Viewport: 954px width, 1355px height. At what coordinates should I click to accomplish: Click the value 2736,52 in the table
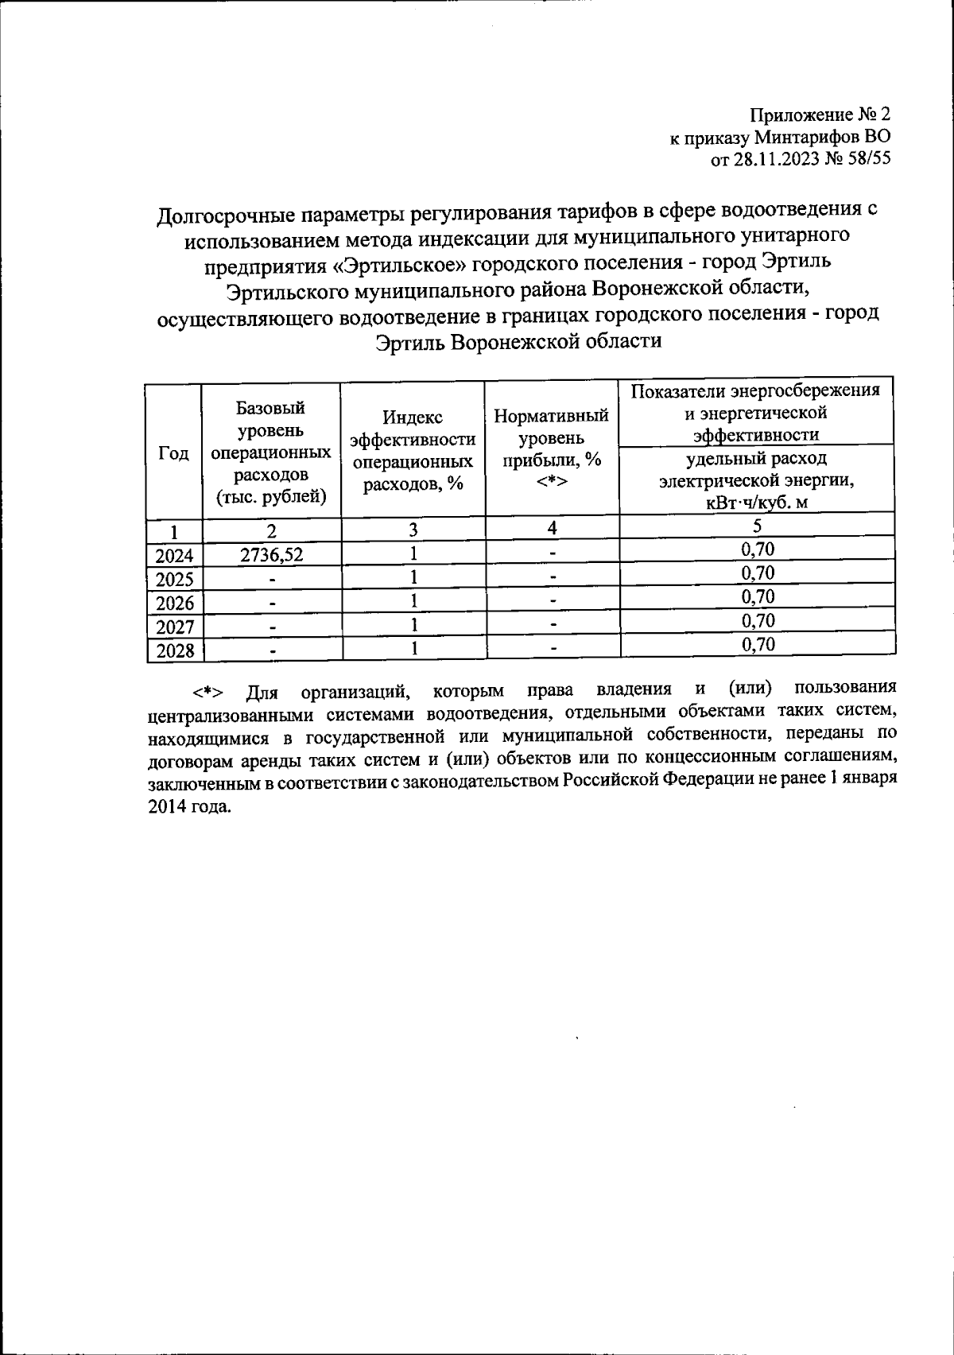click(x=272, y=554)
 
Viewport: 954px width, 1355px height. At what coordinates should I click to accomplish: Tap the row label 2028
click(x=175, y=651)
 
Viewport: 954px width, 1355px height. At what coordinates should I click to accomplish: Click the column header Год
click(x=174, y=452)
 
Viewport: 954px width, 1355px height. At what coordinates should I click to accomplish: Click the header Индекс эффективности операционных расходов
click(x=413, y=451)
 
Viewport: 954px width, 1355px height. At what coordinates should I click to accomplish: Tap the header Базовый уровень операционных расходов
click(x=271, y=452)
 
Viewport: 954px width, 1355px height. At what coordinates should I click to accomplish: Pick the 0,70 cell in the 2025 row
click(x=757, y=573)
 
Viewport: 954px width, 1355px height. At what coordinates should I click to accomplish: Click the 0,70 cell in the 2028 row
click(x=757, y=644)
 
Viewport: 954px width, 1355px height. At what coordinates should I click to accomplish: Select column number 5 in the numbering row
click(x=757, y=526)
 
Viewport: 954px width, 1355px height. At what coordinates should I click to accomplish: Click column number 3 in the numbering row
click(x=413, y=529)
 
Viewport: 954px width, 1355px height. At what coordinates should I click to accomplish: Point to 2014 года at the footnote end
click(x=190, y=806)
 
